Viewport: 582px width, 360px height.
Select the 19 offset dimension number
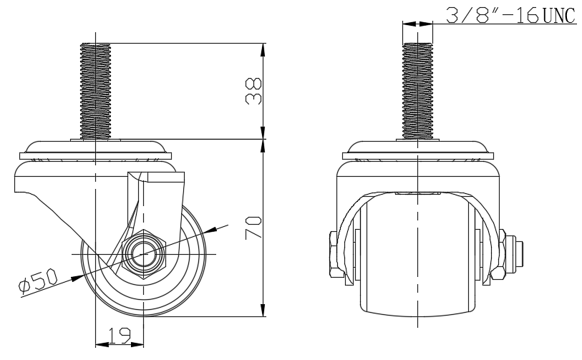tap(119, 334)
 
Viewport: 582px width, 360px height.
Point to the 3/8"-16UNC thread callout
tap(510, 15)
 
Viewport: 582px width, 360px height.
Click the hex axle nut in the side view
tap(144, 254)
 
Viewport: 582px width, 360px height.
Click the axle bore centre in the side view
tap(144, 254)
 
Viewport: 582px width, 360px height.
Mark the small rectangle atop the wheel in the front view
tap(417, 194)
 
